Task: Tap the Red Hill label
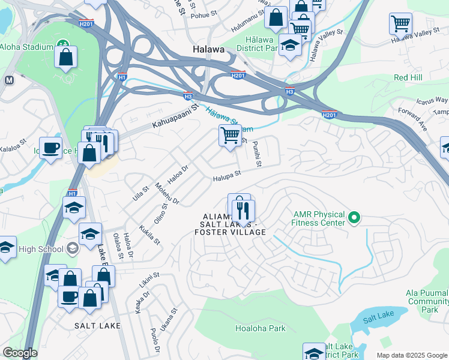408,77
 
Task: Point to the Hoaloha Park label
260,328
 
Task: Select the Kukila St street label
150,235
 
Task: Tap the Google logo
19,353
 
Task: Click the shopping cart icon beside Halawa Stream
230,136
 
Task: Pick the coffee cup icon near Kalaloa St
51,147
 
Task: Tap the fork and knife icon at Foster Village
244,210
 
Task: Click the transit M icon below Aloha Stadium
9,80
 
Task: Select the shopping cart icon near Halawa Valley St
400,24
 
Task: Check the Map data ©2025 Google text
411,355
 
